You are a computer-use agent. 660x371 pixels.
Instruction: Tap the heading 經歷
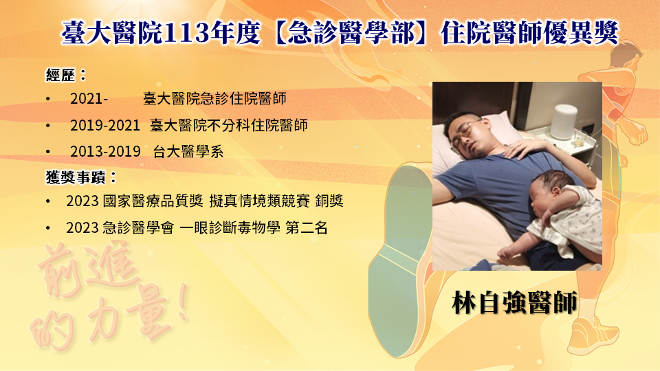(x=60, y=76)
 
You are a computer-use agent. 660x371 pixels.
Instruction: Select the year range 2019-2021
(x=104, y=125)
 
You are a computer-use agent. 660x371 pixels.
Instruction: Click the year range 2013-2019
(x=105, y=151)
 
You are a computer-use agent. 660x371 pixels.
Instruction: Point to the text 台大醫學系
(x=188, y=151)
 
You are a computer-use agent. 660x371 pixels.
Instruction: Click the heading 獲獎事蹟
(x=76, y=177)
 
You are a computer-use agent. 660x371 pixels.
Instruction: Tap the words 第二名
(x=307, y=227)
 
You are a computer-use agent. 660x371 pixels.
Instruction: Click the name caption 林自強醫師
(x=514, y=302)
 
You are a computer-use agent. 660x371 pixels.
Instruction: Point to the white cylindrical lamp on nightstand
(x=564, y=122)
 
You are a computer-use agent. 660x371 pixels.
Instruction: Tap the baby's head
(x=549, y=191)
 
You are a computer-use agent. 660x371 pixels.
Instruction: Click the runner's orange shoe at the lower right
(x=593, y=335)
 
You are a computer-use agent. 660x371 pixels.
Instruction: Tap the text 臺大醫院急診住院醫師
(x=214, y=99)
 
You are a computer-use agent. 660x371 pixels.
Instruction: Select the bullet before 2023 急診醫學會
(x=48, y=228)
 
